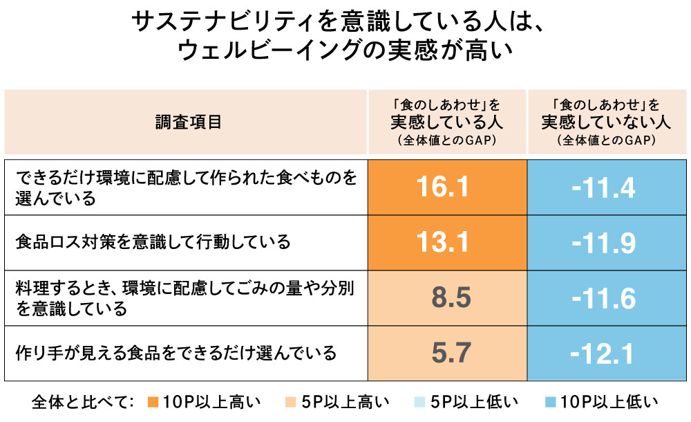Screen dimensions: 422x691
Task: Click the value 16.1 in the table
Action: [x=446, y=187]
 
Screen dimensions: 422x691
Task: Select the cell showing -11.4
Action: [x=603, y=187]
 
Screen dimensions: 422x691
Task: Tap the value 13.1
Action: [x=446, y=242]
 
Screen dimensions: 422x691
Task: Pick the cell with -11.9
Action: [x=603, y=242]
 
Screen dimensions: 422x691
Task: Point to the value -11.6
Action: [x=603, y=298]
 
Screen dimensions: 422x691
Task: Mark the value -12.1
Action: [x=603, y=354]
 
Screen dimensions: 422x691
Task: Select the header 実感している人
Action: [x=446, y=122]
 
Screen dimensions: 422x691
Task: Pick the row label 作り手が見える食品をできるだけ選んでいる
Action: [x=176, y=354]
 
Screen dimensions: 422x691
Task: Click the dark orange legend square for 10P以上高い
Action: [x=153, y=402]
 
